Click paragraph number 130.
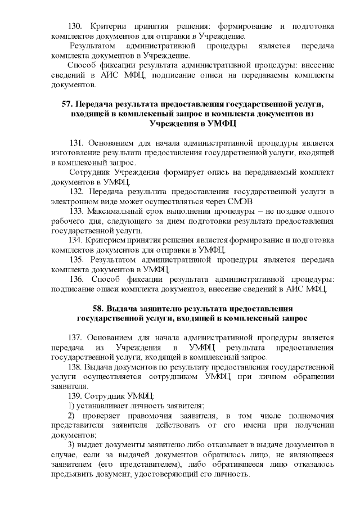tap(75, 26)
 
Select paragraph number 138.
tap(74, 366)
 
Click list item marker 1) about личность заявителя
tap(71, 406)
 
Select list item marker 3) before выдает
tap(71, 444)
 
